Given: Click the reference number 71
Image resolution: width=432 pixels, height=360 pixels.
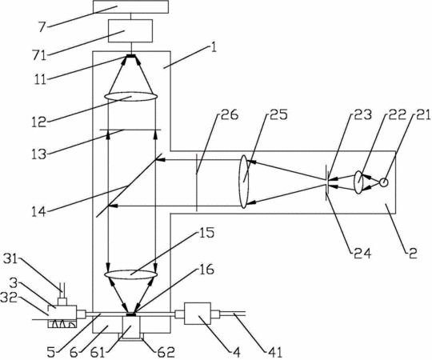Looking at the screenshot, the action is (x=39, y=56).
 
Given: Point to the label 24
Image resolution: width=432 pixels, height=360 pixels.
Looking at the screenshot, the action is (x=360, y=253).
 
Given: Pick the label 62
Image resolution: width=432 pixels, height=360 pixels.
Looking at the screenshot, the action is (x=166, y=352).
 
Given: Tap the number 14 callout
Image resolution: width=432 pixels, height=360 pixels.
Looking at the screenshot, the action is (x=38, y=212).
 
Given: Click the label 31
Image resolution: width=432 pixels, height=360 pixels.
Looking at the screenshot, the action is (x=10, y=258).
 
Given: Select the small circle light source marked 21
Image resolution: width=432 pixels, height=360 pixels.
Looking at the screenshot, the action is (x=383, y=182).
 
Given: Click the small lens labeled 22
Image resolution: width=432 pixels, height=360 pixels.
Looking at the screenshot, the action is (x=358, y=182).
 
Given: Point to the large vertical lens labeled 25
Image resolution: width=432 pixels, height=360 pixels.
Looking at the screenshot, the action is (x=244, y=182).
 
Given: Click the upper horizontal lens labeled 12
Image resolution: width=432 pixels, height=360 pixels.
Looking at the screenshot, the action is (x=131, y=97).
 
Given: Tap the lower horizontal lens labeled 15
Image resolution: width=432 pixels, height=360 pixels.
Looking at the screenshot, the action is (x=131, y=274).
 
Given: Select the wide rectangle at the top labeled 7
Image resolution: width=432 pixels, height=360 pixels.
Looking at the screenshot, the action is (x=130, y=6).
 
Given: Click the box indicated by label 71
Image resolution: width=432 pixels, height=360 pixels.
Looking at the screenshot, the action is (x=130, y=31).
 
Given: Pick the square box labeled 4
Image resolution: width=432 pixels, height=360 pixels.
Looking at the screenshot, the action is (x=198, y=314).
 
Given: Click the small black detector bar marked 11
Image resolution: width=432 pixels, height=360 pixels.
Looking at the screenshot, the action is (x=131, y=56).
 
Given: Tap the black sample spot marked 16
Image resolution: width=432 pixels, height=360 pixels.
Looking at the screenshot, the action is (x=131, y=314).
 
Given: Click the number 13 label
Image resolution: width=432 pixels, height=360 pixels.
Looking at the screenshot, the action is (x=38, y=154).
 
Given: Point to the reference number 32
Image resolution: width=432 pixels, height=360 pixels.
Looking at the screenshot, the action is (x=9, y=298).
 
